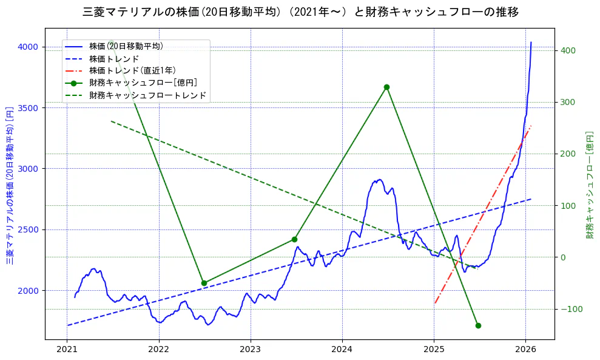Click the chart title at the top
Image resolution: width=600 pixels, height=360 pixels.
300,12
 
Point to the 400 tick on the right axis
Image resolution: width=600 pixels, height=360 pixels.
568,50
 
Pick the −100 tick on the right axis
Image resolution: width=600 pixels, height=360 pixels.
570,310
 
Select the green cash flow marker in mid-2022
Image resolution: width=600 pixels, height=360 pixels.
204,283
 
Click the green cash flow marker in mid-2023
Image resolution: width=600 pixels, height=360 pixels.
294,239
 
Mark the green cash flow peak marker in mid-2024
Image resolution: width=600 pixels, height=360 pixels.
386,87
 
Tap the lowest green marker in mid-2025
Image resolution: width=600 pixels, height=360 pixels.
478,325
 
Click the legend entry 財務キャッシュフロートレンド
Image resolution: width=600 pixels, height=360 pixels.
147,95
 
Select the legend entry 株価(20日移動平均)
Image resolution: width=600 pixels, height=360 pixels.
126,46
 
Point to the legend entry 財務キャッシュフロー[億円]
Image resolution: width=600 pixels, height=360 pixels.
143,83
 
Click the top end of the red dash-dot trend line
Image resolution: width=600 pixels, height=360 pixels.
531,126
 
